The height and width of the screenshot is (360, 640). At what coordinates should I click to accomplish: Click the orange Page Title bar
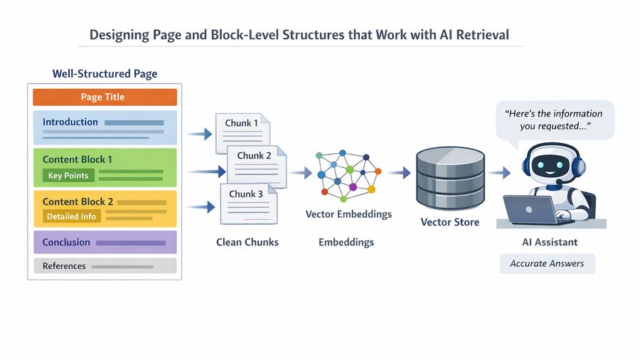(x=105, y=97)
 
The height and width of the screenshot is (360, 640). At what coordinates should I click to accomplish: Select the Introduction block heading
(x=70, y=122)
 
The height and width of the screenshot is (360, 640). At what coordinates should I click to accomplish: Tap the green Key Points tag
(x=68, y=176)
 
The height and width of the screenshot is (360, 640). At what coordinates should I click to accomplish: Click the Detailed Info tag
(x=71, y=217)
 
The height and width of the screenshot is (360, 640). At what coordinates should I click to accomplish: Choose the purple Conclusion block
(x=105, y=243)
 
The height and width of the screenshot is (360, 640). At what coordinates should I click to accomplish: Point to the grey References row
(x=105, y=266)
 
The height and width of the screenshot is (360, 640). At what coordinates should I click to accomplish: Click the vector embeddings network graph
(x=348, y=174)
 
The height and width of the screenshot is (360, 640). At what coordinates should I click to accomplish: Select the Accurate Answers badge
(x=547, y=263)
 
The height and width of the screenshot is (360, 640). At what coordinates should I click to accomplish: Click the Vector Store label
(x=449, y=222)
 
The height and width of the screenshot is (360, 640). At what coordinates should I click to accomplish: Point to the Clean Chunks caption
(x=247, y=243)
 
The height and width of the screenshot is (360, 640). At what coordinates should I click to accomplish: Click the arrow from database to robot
(x=500, y=173)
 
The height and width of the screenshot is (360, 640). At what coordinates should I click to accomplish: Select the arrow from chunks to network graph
(x=301, y=173)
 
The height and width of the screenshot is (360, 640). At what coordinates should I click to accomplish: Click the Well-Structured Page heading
(x=105, y=74)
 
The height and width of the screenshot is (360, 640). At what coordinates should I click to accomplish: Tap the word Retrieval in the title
(x=484, y=34)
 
